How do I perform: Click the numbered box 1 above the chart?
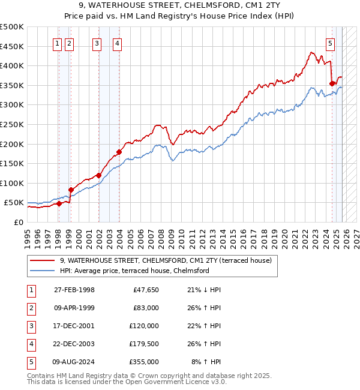[57, 43]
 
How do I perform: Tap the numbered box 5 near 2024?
[331, 43]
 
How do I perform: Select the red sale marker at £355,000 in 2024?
[332, 83]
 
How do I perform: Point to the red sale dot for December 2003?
[119, 152]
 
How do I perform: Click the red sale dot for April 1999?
[71, 190]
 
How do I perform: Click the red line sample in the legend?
[43, 260]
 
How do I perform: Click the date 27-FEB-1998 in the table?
[74, 290]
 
